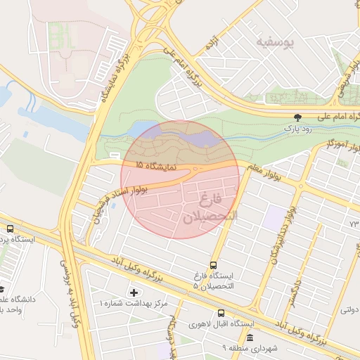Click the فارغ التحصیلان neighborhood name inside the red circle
click(211, 209)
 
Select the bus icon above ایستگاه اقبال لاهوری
click(221, 313)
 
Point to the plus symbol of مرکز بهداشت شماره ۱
click(134, 292)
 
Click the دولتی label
click(349, 308)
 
